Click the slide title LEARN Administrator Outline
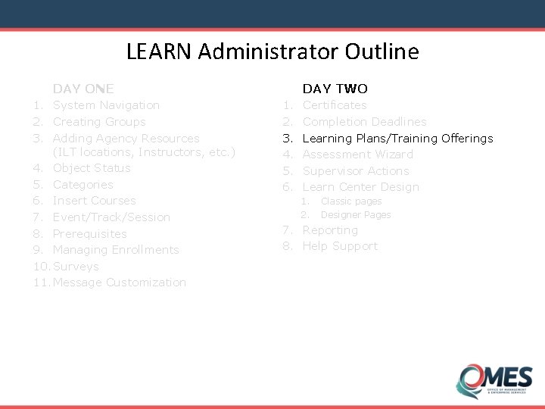click(272, 52)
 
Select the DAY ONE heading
click(83, 89)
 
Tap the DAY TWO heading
click(335, 89)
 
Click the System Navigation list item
click(106, 105)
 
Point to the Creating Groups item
click(99, 122)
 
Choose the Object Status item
click(92, 168)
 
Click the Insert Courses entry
click(95, 201)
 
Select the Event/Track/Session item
click(111, 217)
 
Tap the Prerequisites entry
click(90, 234)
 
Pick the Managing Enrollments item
click(116, 250)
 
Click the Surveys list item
click(76, 267)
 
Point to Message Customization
click(120, 283)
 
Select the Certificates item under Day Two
click(335, 105)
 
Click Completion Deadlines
click(364, 122)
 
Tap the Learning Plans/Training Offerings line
click(397, 139)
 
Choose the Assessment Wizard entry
click(358, 155)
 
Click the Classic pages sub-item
click(351, 201)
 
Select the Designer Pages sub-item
click(356, 215)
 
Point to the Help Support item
click(340, 246)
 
